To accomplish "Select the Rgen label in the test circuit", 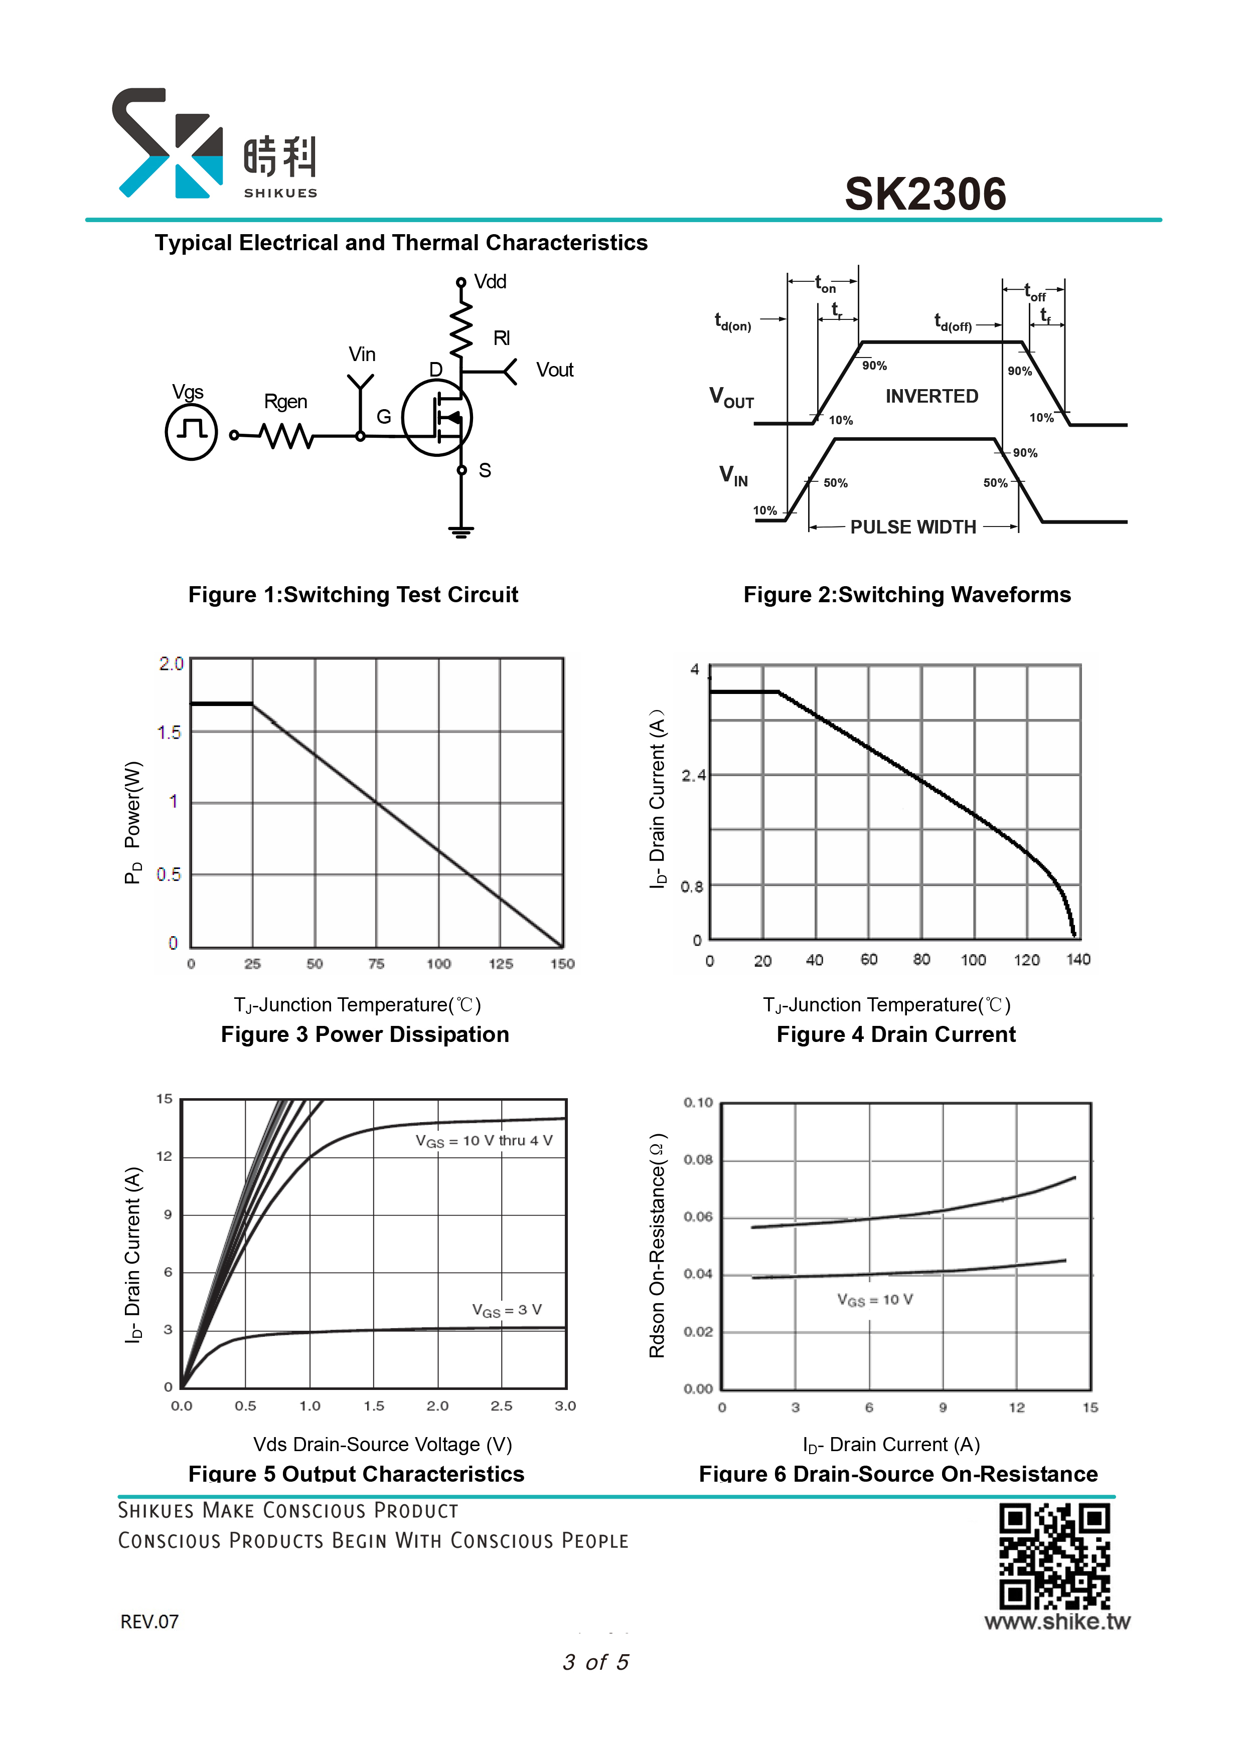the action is click(285, 402).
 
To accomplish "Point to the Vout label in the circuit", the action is click(555, 370).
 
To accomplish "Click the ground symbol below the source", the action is click(460, 532).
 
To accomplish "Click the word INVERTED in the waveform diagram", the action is click(932, 396).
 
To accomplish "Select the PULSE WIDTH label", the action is click(913, 527).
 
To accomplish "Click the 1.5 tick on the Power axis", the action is click(170, 733).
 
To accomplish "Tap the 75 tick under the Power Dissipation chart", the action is click(376, 964).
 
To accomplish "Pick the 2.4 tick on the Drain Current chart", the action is click(694, 775).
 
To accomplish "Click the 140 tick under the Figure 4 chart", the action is click(1078, 959).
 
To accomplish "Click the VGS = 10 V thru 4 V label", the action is click(484, 1141).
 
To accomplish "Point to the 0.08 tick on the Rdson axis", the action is click(698, 1160).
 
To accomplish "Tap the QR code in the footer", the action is click(1055, 1556).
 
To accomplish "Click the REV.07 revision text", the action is click(149, 1622).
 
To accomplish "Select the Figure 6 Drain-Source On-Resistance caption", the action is click(898, 1474).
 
